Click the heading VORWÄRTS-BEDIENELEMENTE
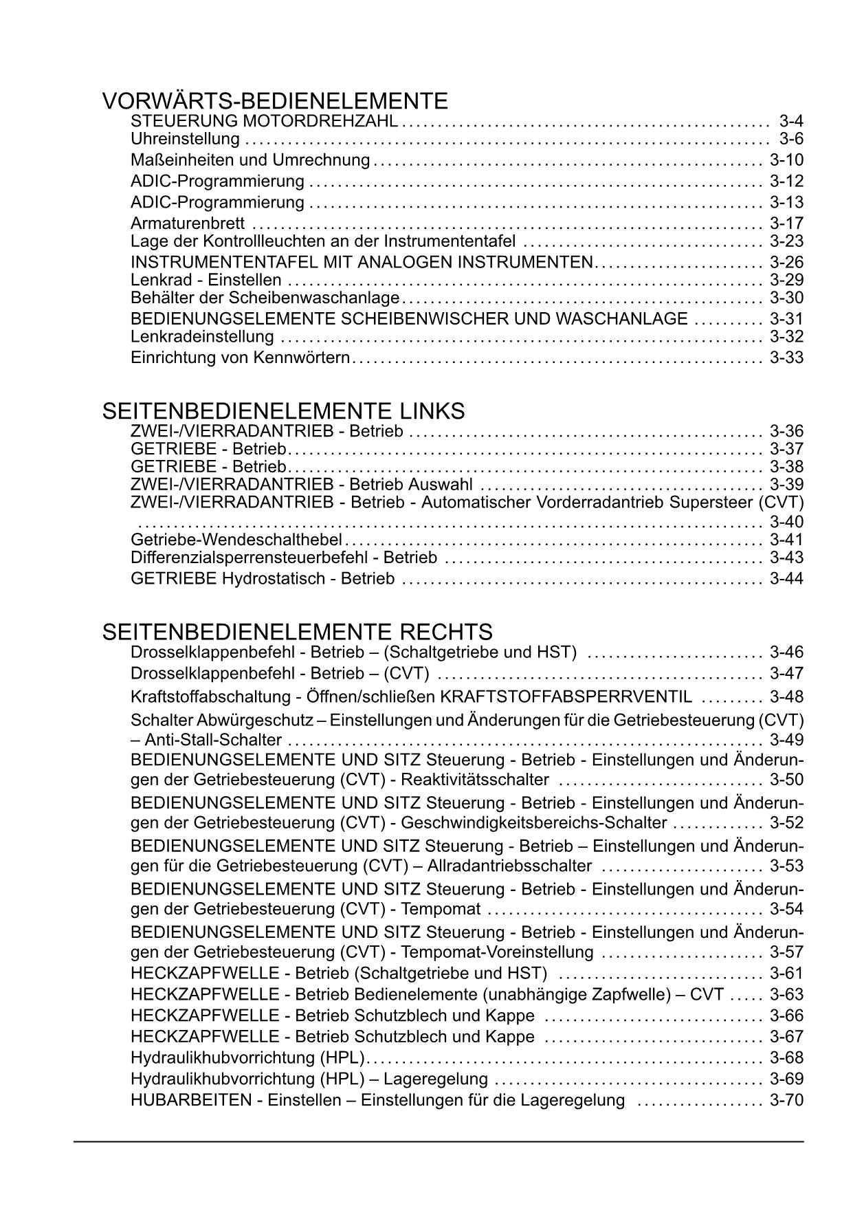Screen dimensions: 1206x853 tap(275, 102)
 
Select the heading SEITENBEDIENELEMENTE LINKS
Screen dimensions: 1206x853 tap(283, 411)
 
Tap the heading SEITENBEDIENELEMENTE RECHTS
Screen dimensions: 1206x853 tap(297, 632)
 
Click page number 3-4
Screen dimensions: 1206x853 tap(791, 121)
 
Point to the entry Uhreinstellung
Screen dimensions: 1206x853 tap(185, 140)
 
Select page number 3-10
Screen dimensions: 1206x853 tap(786, 160)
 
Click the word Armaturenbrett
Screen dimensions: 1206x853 tap(188, 223)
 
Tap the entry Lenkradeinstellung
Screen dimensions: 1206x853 tap(202, 337)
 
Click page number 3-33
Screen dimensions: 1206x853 tap(786, 358)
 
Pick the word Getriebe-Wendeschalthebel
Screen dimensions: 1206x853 tap(236, 540)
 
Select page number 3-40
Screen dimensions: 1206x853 tap(786, 522)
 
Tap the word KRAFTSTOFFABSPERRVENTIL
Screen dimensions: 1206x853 tap(566, 697)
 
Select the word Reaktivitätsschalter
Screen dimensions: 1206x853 tap(475, 780)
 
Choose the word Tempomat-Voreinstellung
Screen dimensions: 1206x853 tap(497, 952)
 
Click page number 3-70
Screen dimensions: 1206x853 tap(786, 1100)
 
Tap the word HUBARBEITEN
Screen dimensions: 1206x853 tap(191, 1100)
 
